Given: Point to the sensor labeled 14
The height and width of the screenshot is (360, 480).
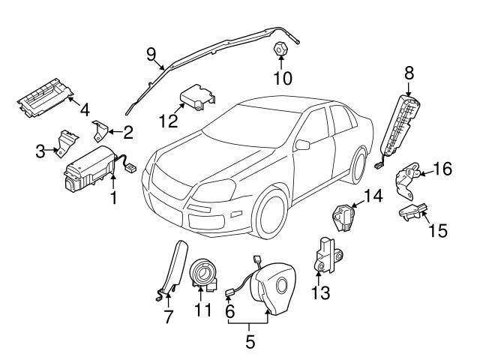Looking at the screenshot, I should coord(343,220).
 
